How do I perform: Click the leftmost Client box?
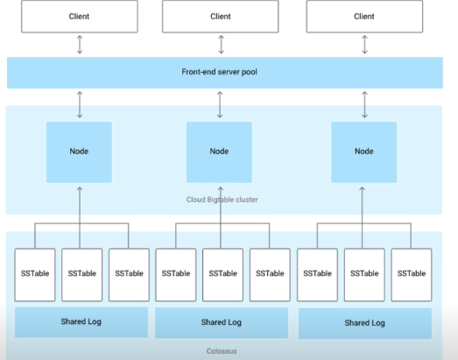(x=80, y=17)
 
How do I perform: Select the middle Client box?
(x=221, y=17)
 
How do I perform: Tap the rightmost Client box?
(x=364, y=17)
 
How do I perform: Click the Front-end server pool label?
(x=219, y=72)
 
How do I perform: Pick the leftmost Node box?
(x=79, y=152)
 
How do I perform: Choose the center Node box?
(x=219, y=152)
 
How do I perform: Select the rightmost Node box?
(x=364, y=152)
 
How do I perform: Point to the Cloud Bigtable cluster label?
(x=222, y=200)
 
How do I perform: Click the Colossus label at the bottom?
(x=222, y=351)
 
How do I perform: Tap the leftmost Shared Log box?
(x=81, y=322)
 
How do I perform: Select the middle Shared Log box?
(x=222, y=323)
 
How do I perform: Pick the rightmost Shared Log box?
(x=365, y=323)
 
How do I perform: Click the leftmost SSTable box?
(x=35, y=275)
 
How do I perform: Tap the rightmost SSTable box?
(x=412, y=275)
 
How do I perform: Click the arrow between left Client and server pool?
(x=80, y=45)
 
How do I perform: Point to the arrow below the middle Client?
(x=221, y=45)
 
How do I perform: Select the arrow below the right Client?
(x=364, y=45)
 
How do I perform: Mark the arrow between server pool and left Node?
(x=80, y=104)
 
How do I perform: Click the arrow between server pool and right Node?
(x=364, y=104)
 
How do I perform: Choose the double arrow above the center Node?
(x=220, y=104)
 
